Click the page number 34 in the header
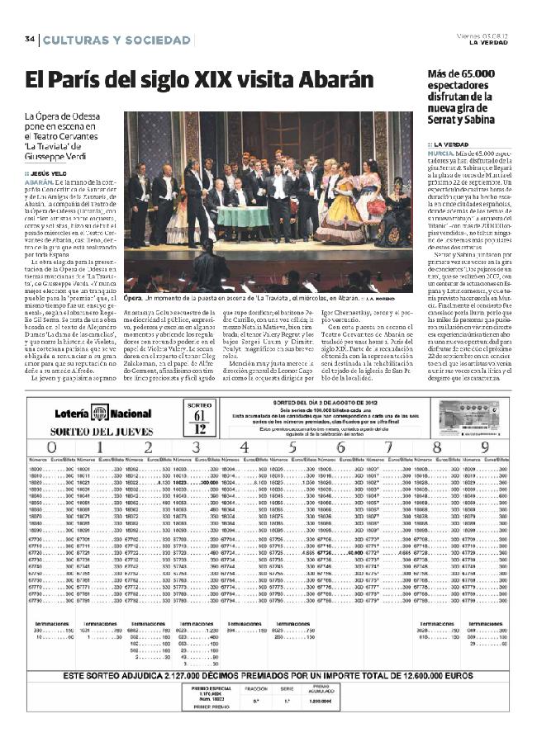point(29,40)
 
